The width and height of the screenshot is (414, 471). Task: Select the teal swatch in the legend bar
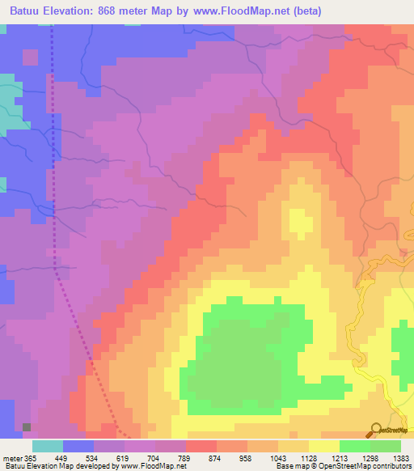[x=48, y=446]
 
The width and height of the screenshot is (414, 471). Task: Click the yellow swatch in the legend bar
[x=324, y=446]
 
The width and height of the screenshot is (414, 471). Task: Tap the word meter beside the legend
[x=12, y=458]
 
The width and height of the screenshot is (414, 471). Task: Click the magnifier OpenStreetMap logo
[x=375, y=430]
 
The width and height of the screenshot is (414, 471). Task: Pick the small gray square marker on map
[x=27, y=426]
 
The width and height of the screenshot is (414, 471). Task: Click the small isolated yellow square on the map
[x=300, y=220]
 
